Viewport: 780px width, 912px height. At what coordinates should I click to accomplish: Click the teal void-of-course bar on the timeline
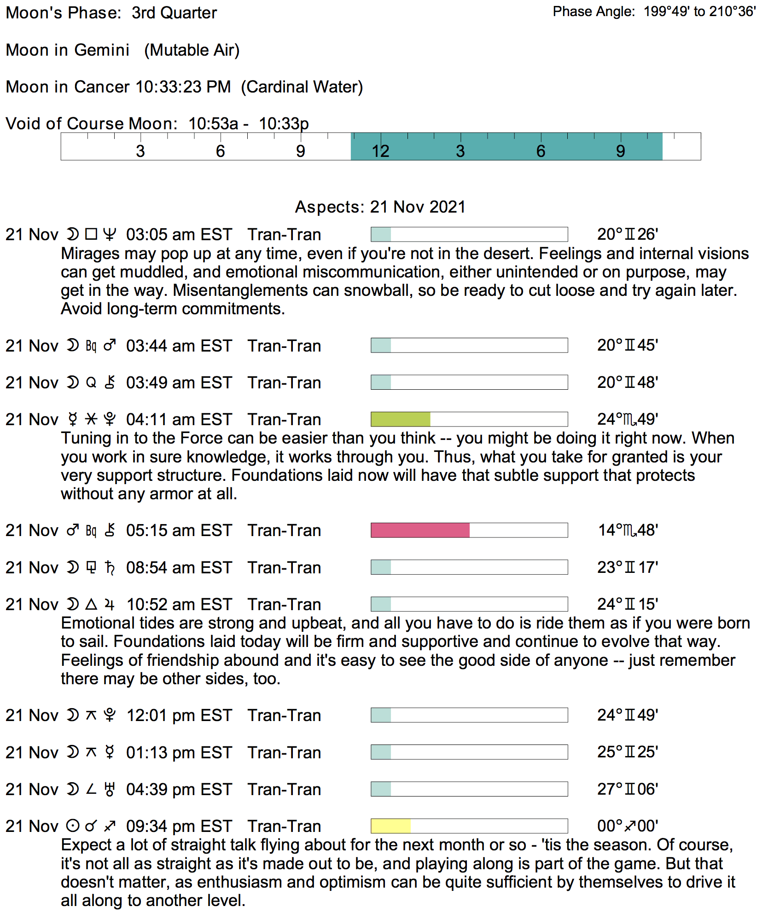[x=506, y=146]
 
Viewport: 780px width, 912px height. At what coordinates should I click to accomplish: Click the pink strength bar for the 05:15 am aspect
[x=420, y=530]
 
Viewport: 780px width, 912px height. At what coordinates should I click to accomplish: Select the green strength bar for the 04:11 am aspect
[x=400, y=419]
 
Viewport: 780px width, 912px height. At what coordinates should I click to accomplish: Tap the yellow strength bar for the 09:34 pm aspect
[x=390, y=826]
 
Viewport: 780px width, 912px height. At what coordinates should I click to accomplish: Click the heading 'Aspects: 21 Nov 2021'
[x=380, y=207]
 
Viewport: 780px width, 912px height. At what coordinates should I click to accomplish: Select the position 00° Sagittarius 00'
[x=628, y=826]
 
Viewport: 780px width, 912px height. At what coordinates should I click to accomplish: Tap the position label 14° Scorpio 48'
[x=628, y=530]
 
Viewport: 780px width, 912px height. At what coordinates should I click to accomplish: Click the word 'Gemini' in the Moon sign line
[x=102, y=50]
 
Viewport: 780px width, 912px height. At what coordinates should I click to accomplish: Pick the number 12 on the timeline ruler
[x=380, y=151]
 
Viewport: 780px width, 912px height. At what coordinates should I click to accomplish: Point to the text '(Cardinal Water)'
[x=302, y=87]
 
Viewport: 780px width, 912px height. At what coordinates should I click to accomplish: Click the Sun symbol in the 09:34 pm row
[x=73, y=826]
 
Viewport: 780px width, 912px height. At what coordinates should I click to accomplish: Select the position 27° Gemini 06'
[x=628, y=789]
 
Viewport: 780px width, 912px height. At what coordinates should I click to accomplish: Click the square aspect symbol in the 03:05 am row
[x=91, y=235]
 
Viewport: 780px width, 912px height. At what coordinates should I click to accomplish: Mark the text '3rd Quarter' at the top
[x=174, y=13]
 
